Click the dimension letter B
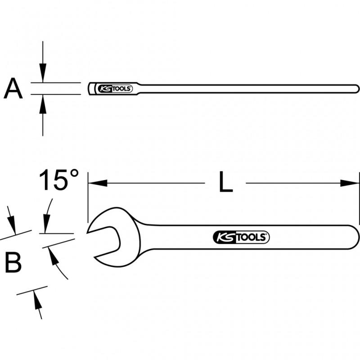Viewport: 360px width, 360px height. [x=13, y=262]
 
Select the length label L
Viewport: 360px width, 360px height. [x=225, y=183]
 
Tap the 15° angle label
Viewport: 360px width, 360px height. [x=59, y=180]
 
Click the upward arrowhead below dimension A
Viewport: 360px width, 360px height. [x=43, y=103]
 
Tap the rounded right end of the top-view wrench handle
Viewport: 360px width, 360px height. [x=357, y=88]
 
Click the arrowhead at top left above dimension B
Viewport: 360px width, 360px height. [x=13, y=225]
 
